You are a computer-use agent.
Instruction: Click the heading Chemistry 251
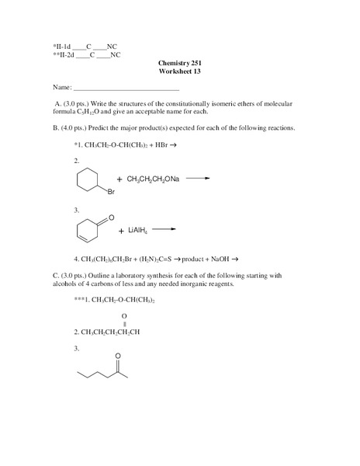pyautogui.click(x=179, y=62)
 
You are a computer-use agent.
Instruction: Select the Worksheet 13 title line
pyautogui.click(x=179, y=71)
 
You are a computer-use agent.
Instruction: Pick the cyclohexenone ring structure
pyautogui.click(x=88, y=229)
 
